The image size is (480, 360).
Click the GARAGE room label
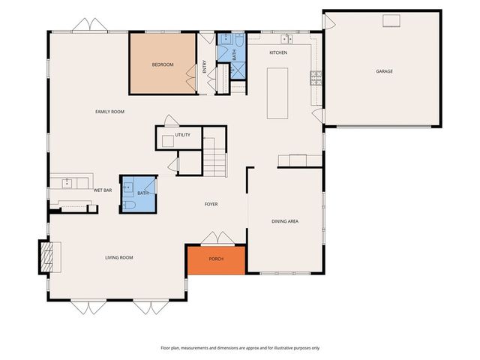[385, 71]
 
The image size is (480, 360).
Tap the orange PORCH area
[216, 259]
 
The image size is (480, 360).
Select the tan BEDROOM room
[163, 64]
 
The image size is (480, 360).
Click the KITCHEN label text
[278, 52]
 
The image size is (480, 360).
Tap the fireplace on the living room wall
[47, 256]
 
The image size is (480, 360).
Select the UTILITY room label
[182, 135]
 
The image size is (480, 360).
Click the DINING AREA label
[285, 221]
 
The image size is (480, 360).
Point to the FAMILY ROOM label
[109, 112]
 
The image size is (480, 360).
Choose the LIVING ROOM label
[118, 258]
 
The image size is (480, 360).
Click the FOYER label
[211, 204]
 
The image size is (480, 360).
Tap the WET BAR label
[103, 190]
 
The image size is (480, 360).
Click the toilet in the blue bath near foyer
[128, 204]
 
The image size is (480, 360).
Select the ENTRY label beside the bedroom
[204, 67]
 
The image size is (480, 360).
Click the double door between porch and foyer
[216, 239]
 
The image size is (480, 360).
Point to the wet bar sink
[67, 182]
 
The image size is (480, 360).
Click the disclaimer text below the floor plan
[240, 348]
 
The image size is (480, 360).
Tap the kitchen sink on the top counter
[286, 37]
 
